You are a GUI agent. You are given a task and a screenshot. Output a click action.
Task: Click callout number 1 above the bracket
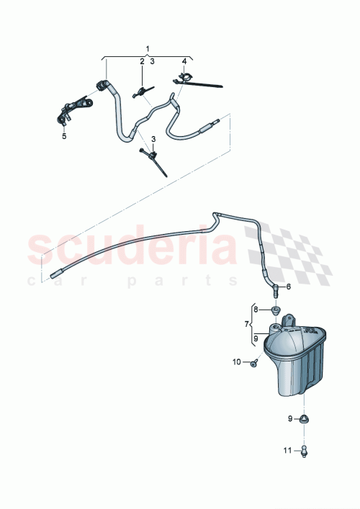148,48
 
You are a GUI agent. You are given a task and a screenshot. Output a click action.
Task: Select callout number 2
142,62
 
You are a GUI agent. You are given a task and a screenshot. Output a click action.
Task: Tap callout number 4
184,61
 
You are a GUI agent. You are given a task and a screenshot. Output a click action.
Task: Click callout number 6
289,287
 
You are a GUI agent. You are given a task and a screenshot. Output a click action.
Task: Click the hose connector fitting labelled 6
274,289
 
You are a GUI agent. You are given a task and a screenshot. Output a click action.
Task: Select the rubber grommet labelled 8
276,311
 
